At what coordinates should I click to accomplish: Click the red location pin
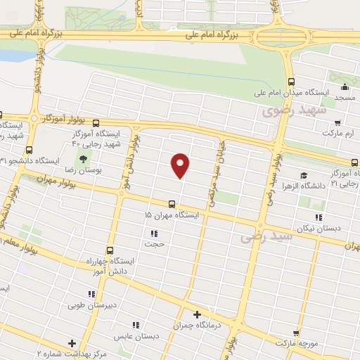[x=181, y=165]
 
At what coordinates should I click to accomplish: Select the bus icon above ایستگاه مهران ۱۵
[x=172, y=203]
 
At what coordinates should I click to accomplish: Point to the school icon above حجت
[x=153, y=233]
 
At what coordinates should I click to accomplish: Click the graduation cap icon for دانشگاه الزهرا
[x=303, y=176]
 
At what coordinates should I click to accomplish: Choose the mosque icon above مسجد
[x=345, y=88]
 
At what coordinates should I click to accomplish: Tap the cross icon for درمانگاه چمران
[x=197, y=315]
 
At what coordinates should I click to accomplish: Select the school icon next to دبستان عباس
[x=136, y=325]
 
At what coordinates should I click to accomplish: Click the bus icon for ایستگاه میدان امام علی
[x=290, y=81]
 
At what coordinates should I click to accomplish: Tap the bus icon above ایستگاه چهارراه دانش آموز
[x=109, y=250]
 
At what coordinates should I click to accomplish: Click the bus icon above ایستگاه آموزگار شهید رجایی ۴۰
[x=96, y=122]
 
